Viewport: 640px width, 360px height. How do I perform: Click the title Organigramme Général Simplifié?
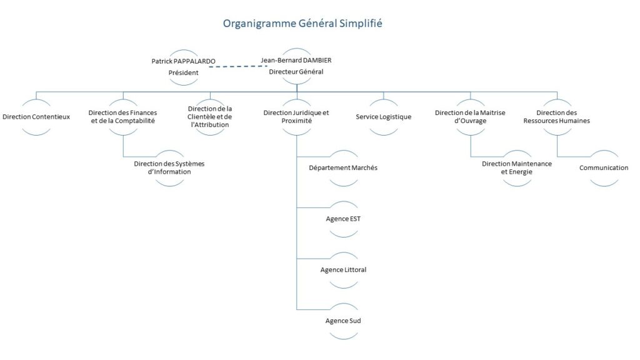click(302, 23)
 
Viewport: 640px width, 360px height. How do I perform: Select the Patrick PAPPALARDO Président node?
click(183, 67)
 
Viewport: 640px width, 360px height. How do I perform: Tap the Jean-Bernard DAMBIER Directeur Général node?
click(296, 66)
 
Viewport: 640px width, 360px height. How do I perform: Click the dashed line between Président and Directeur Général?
click(238, 66)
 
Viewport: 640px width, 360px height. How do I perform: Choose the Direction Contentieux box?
click(36, 117)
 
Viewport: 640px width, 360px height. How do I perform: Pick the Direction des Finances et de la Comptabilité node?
click(123, 117)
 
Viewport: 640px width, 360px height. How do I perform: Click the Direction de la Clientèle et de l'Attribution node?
click(210, 117)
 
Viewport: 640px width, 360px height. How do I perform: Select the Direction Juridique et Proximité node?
click(296, 117)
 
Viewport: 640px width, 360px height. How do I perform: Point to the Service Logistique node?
click(383, 117)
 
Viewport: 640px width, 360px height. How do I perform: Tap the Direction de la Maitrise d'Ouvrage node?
click(470, 117)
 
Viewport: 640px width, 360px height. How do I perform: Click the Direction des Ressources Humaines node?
click(557, 117)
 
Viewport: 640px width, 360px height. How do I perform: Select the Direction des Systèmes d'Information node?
click(169, 168)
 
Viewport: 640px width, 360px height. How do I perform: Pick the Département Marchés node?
click(343, 168)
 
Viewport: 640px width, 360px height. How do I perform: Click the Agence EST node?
click(343, 219)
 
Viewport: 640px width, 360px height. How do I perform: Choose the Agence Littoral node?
click(343, 270)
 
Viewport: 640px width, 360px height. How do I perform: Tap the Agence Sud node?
click(343, 321)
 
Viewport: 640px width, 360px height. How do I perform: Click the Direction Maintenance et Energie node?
click(517, 168)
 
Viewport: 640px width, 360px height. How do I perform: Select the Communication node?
click(604, 168)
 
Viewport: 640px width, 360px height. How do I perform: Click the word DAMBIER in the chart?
click(317, 61)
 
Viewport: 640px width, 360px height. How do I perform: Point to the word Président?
click(183, 72)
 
